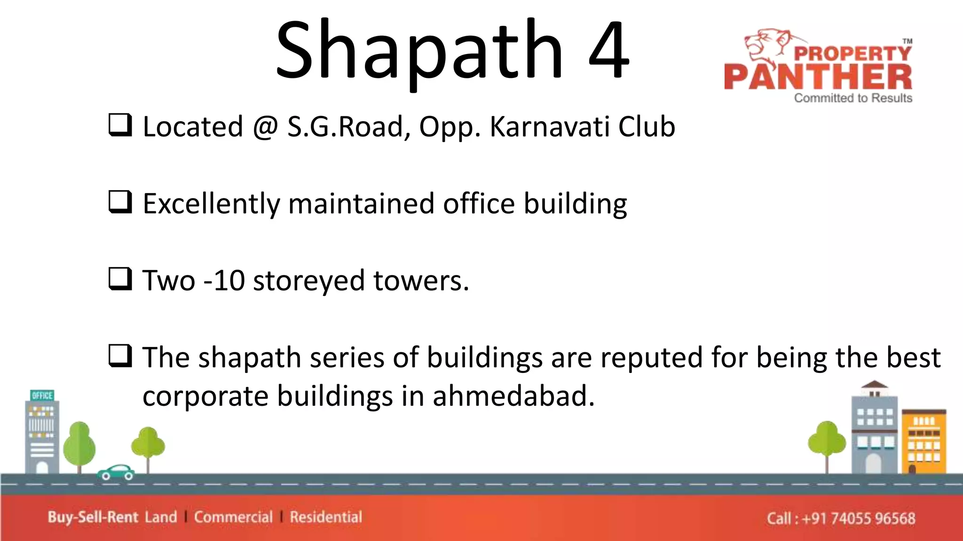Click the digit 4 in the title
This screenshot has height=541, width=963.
pyautogui.click(x=608, y=51)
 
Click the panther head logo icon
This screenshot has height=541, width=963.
pyautogui.click(x=766, y=45)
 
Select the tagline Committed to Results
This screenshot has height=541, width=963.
pyautogui.click(x=853, y=98)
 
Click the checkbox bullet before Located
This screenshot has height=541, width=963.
pyautogui.click(x=120, y=125)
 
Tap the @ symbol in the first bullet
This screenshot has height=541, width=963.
pyautogui.click(x=266, y=127)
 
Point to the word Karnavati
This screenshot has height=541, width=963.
pyautogui.click(x=550, y=127)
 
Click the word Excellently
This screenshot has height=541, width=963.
pyautogui.click(x=212, y=204)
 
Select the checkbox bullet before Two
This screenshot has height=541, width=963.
pyautogui.click(x=120, y=279)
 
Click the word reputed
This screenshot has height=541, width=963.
pyautogui.click(x=651, y=358)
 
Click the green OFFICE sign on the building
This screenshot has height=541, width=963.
pyautogui.click(x=42, y=395)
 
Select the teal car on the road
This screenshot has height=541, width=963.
pyautogui.click(x=116, y=472)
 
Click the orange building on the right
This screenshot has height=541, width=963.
pyautogui.click(x=924, y=441)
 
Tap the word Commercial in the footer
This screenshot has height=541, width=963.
pyautogui.click(x=233, y=517)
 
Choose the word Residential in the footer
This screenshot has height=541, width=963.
pyautogui.click(x=326, y=517)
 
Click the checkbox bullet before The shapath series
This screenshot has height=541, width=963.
pyautogui.click(x=120, y=356)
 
